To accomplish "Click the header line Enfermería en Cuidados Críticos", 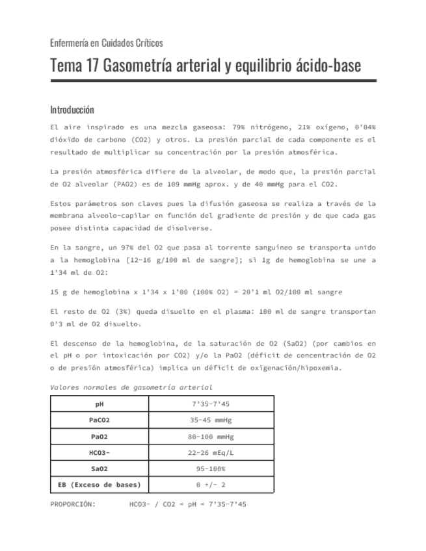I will click(106, 43).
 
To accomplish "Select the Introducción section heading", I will click(72, 109).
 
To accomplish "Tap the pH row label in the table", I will click(100, 404).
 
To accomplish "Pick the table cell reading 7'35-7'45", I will click(211, 404).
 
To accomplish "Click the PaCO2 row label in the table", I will click(100, 420).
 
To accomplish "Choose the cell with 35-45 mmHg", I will click(211, 420).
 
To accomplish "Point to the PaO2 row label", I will click(100, 436).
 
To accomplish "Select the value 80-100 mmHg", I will click(211, 436).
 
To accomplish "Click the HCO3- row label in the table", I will click(100, 452).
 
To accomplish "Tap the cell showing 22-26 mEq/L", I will click(211, 452).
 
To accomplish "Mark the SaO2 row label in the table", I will click(100, 468).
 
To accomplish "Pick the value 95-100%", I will click(211, 468).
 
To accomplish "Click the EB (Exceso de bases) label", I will click(100, 485).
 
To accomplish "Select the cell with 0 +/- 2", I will click(211, 485).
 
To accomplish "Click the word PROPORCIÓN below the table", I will click(73, 504).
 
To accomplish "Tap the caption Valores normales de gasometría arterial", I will click(131, 387).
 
